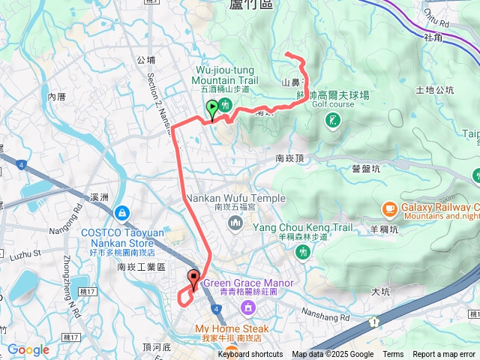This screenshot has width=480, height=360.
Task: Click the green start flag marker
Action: point(212,109)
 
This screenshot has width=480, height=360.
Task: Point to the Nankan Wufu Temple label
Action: point(236,198)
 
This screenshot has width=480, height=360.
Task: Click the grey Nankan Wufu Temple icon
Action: point(236,222)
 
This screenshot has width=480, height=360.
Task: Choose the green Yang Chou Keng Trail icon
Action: point(302,252)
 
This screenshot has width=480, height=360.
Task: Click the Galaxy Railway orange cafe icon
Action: point(388,208)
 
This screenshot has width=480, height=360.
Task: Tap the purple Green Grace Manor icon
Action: point(247,308)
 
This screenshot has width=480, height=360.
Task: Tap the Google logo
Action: point(28,349)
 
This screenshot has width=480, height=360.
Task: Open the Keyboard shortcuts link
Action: point(250,355)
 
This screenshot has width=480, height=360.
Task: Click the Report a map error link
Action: point(445,355)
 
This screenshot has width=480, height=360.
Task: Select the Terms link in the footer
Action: point(393,355)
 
